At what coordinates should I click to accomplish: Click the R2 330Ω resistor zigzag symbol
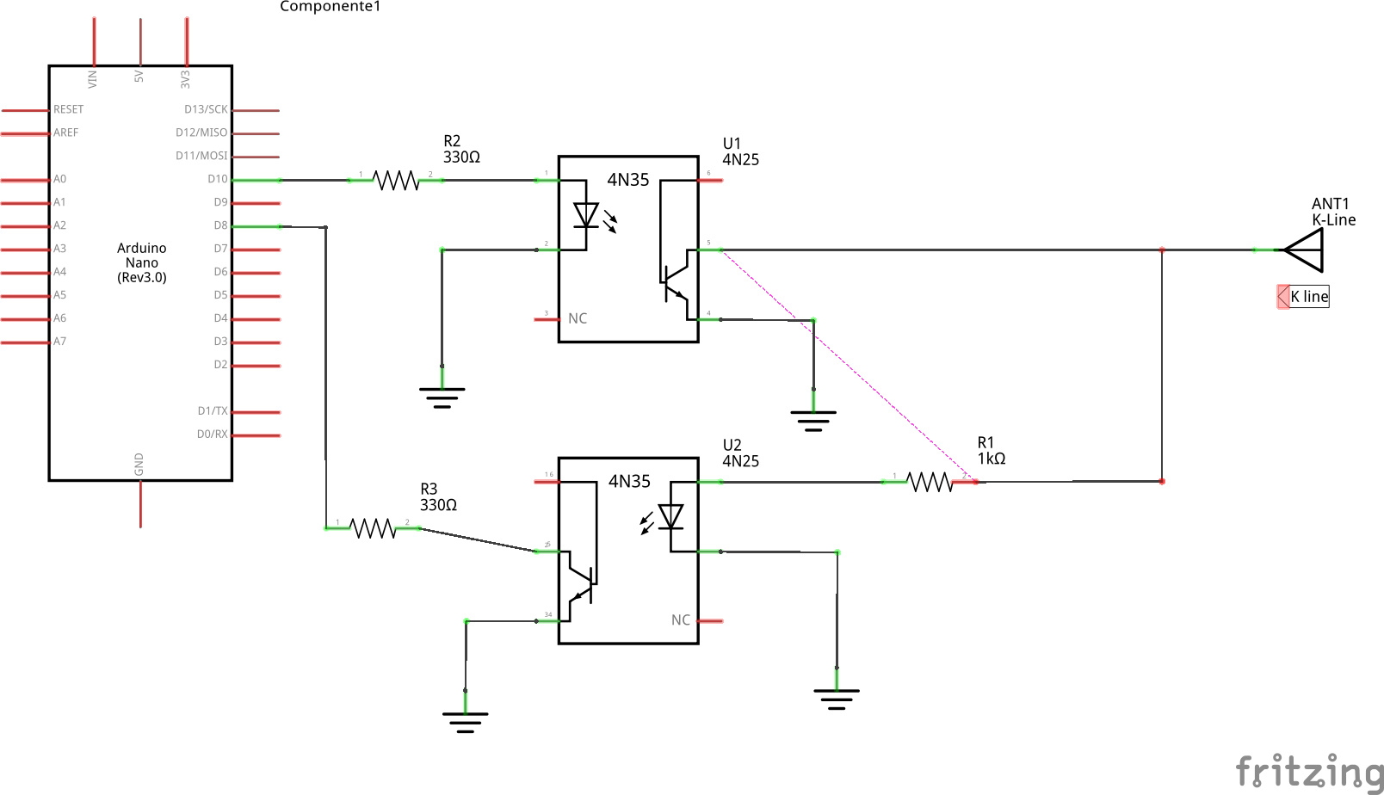coord(396,180)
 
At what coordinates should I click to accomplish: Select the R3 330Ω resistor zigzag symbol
coord(373,528)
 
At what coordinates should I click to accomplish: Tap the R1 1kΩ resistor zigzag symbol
coord(930,482)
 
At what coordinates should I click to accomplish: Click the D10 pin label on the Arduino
coord(217,179)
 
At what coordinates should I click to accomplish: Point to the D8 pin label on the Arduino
coord(220,225)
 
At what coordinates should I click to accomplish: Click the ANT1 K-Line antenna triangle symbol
coord(1305,250)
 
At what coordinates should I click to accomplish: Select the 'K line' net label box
coord(1308,297)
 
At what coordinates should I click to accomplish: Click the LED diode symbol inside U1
coord(586,216)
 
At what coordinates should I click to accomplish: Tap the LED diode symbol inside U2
coord(670,517)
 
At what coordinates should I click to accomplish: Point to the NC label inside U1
coord(578,318)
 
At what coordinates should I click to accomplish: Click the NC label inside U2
coord(680,619)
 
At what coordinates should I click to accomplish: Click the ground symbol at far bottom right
coord(836,698)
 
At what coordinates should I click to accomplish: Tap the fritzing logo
coord(1308,771)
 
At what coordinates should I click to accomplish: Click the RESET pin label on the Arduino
coord(68,109)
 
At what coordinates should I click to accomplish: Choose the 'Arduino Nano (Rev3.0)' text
coord(142,262)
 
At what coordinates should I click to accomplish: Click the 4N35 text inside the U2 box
coord(629,482)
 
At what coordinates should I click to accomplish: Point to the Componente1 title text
coord(330,7)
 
